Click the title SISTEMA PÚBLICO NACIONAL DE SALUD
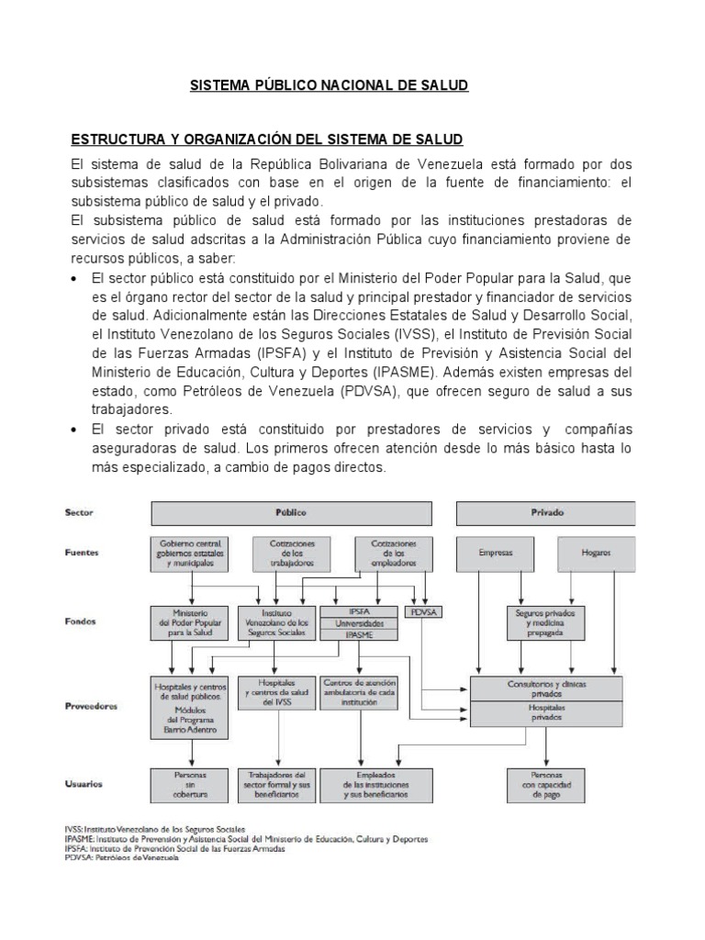coord(329,85)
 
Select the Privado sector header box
coord(546,512)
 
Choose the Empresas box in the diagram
coord(495,554)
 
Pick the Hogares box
coord(595,554)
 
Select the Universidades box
coord(360,622)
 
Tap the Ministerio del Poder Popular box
coord(190,622)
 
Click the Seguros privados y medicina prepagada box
coord(545,622)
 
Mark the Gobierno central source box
coord(190,554)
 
